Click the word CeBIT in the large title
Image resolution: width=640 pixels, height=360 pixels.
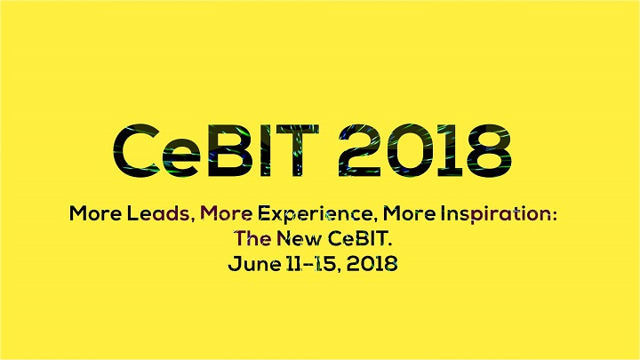tap(215, 150)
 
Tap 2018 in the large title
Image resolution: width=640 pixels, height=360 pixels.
tap(425, 150)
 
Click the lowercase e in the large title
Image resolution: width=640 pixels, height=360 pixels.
tap(181, 157)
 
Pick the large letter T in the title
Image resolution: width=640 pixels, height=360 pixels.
tap(298, 150)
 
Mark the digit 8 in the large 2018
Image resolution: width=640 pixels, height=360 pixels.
tap(490, 150)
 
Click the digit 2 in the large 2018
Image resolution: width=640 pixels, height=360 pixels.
tap(360, 150)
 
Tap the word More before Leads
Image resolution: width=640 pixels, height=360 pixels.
tap(95, 213)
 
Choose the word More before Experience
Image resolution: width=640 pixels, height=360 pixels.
tap(227, 213)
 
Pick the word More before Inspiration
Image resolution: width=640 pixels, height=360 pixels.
tap(409, 213)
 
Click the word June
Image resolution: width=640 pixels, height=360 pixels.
tap(254, 264)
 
